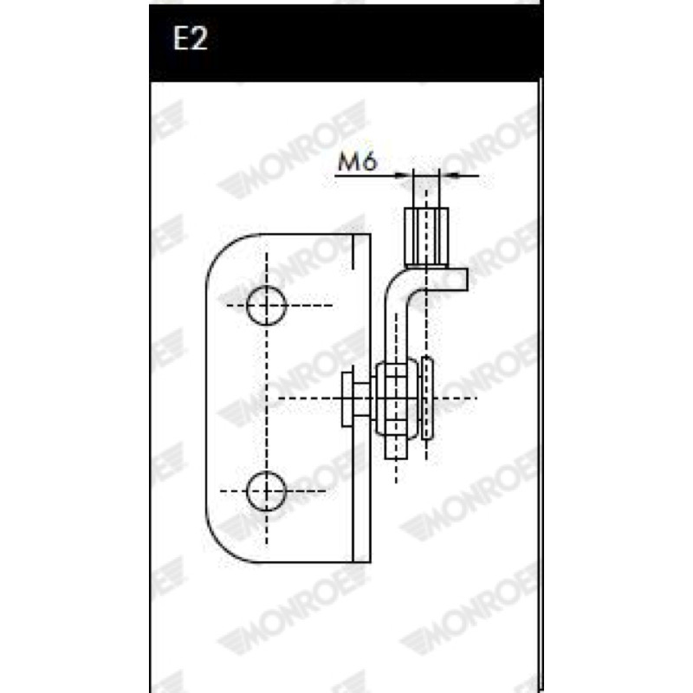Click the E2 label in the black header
[x=191, y=38]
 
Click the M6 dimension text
[x=358, y=161]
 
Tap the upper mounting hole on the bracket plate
[x=267, y=306]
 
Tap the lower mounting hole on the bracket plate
[x=267, y=491]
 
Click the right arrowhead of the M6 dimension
[x=449, y=176]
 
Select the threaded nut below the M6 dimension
[x=426, y=237]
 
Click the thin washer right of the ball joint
[x=427, y=398]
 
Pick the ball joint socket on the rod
[x=397, y=398]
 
